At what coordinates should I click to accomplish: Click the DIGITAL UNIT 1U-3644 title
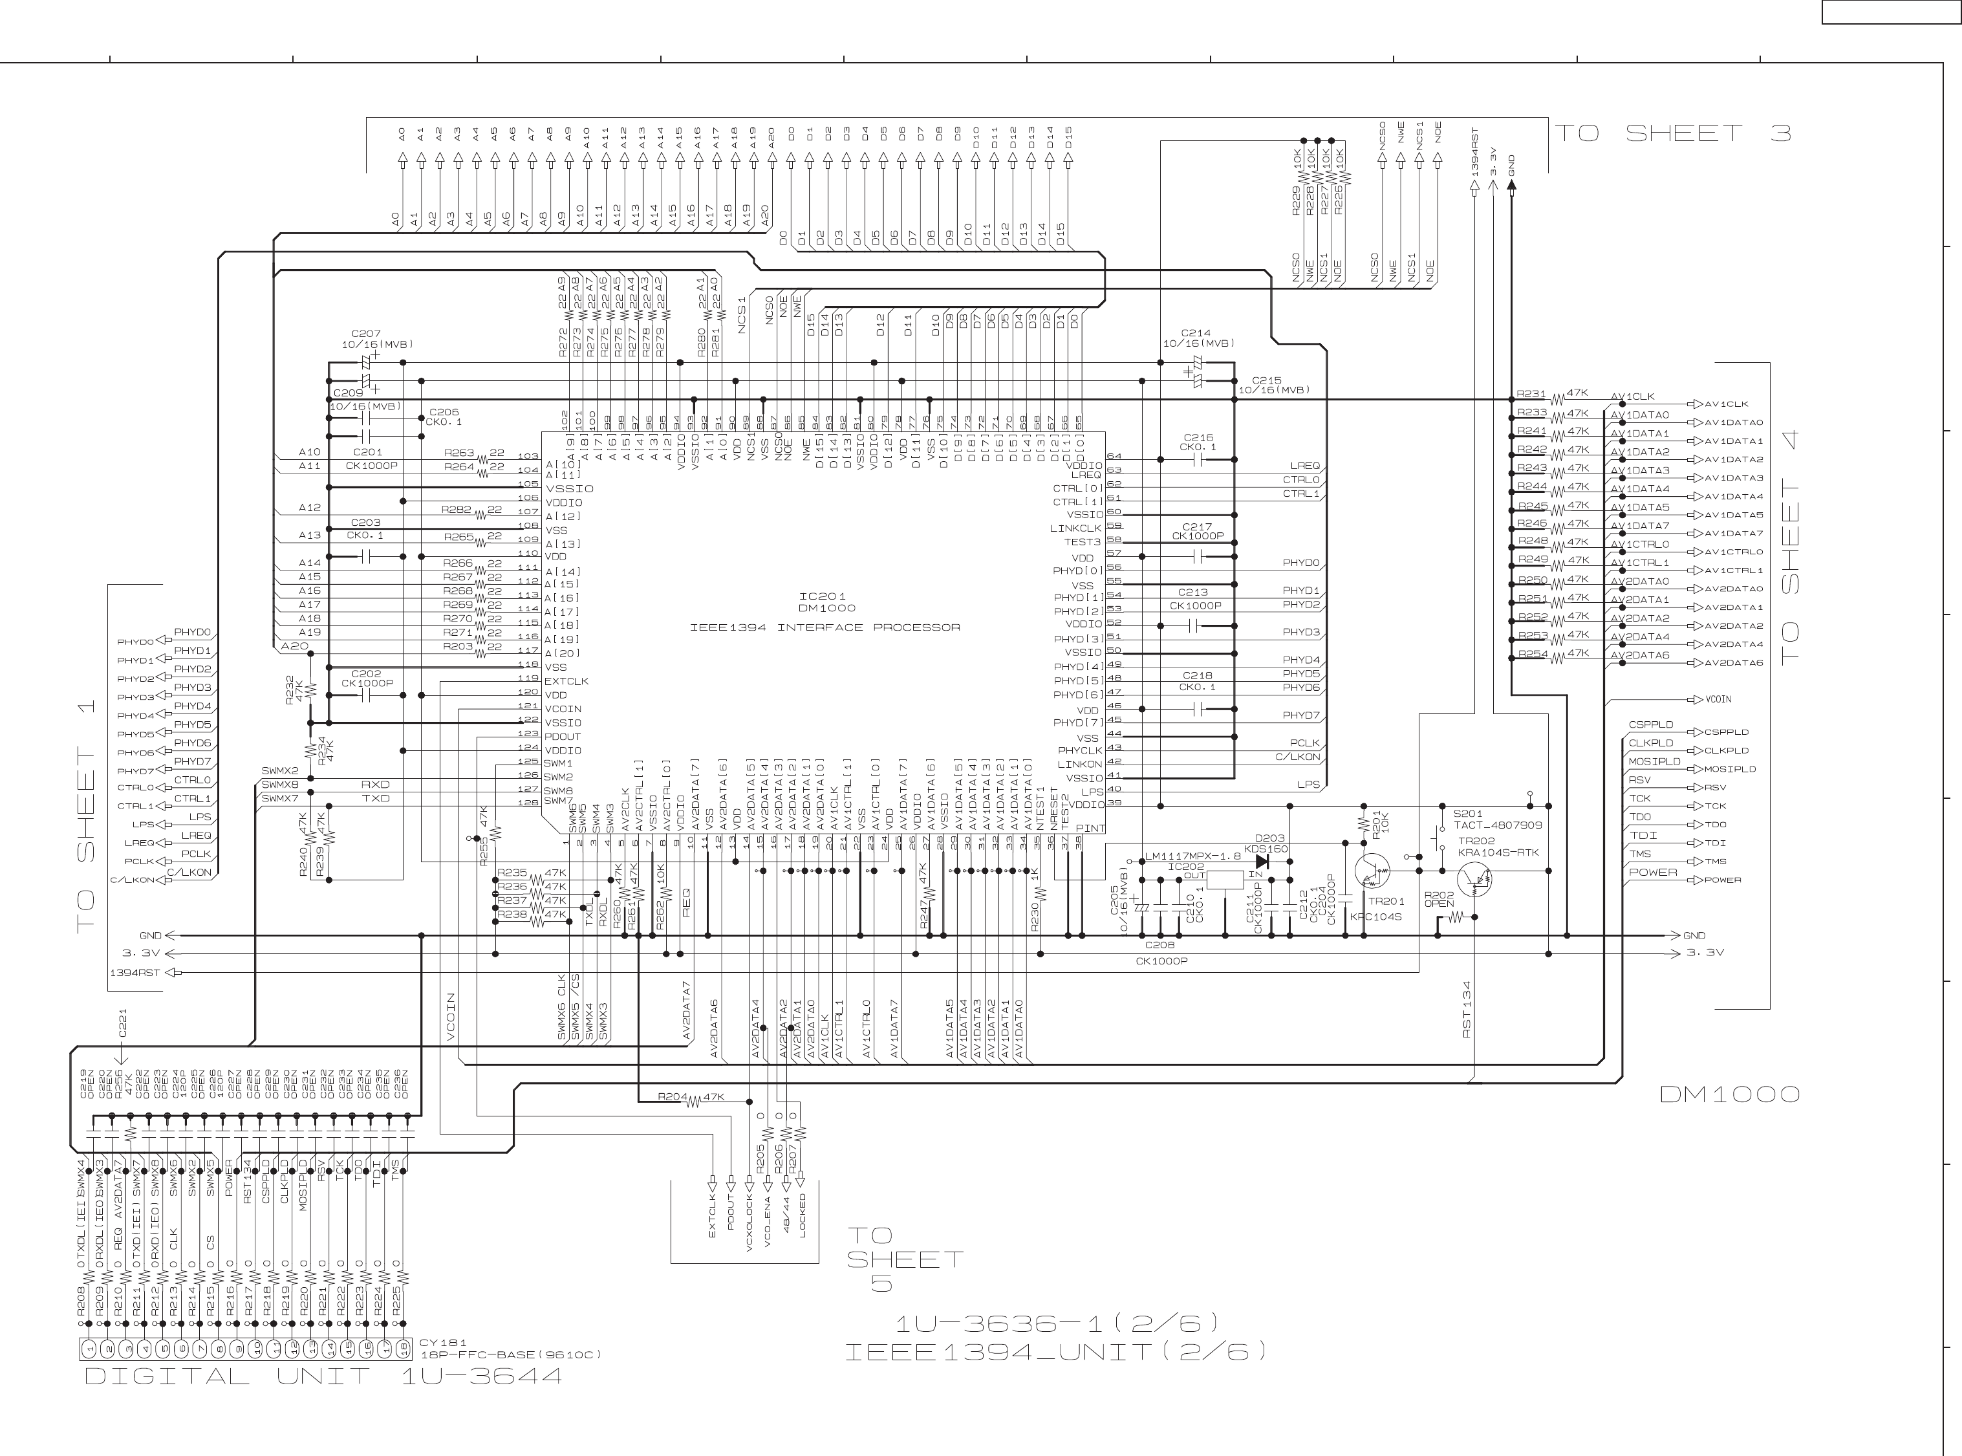323,1376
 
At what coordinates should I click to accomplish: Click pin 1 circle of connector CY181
89,1349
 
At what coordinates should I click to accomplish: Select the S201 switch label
1467,814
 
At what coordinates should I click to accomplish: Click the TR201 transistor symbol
1372,870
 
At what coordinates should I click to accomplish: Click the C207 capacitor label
365,334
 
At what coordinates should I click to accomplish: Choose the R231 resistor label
1531,394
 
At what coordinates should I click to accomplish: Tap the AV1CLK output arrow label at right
1725,404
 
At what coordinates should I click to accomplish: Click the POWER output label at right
1722,880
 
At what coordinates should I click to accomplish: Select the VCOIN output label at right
1718,700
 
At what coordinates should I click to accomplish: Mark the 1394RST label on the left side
134,973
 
